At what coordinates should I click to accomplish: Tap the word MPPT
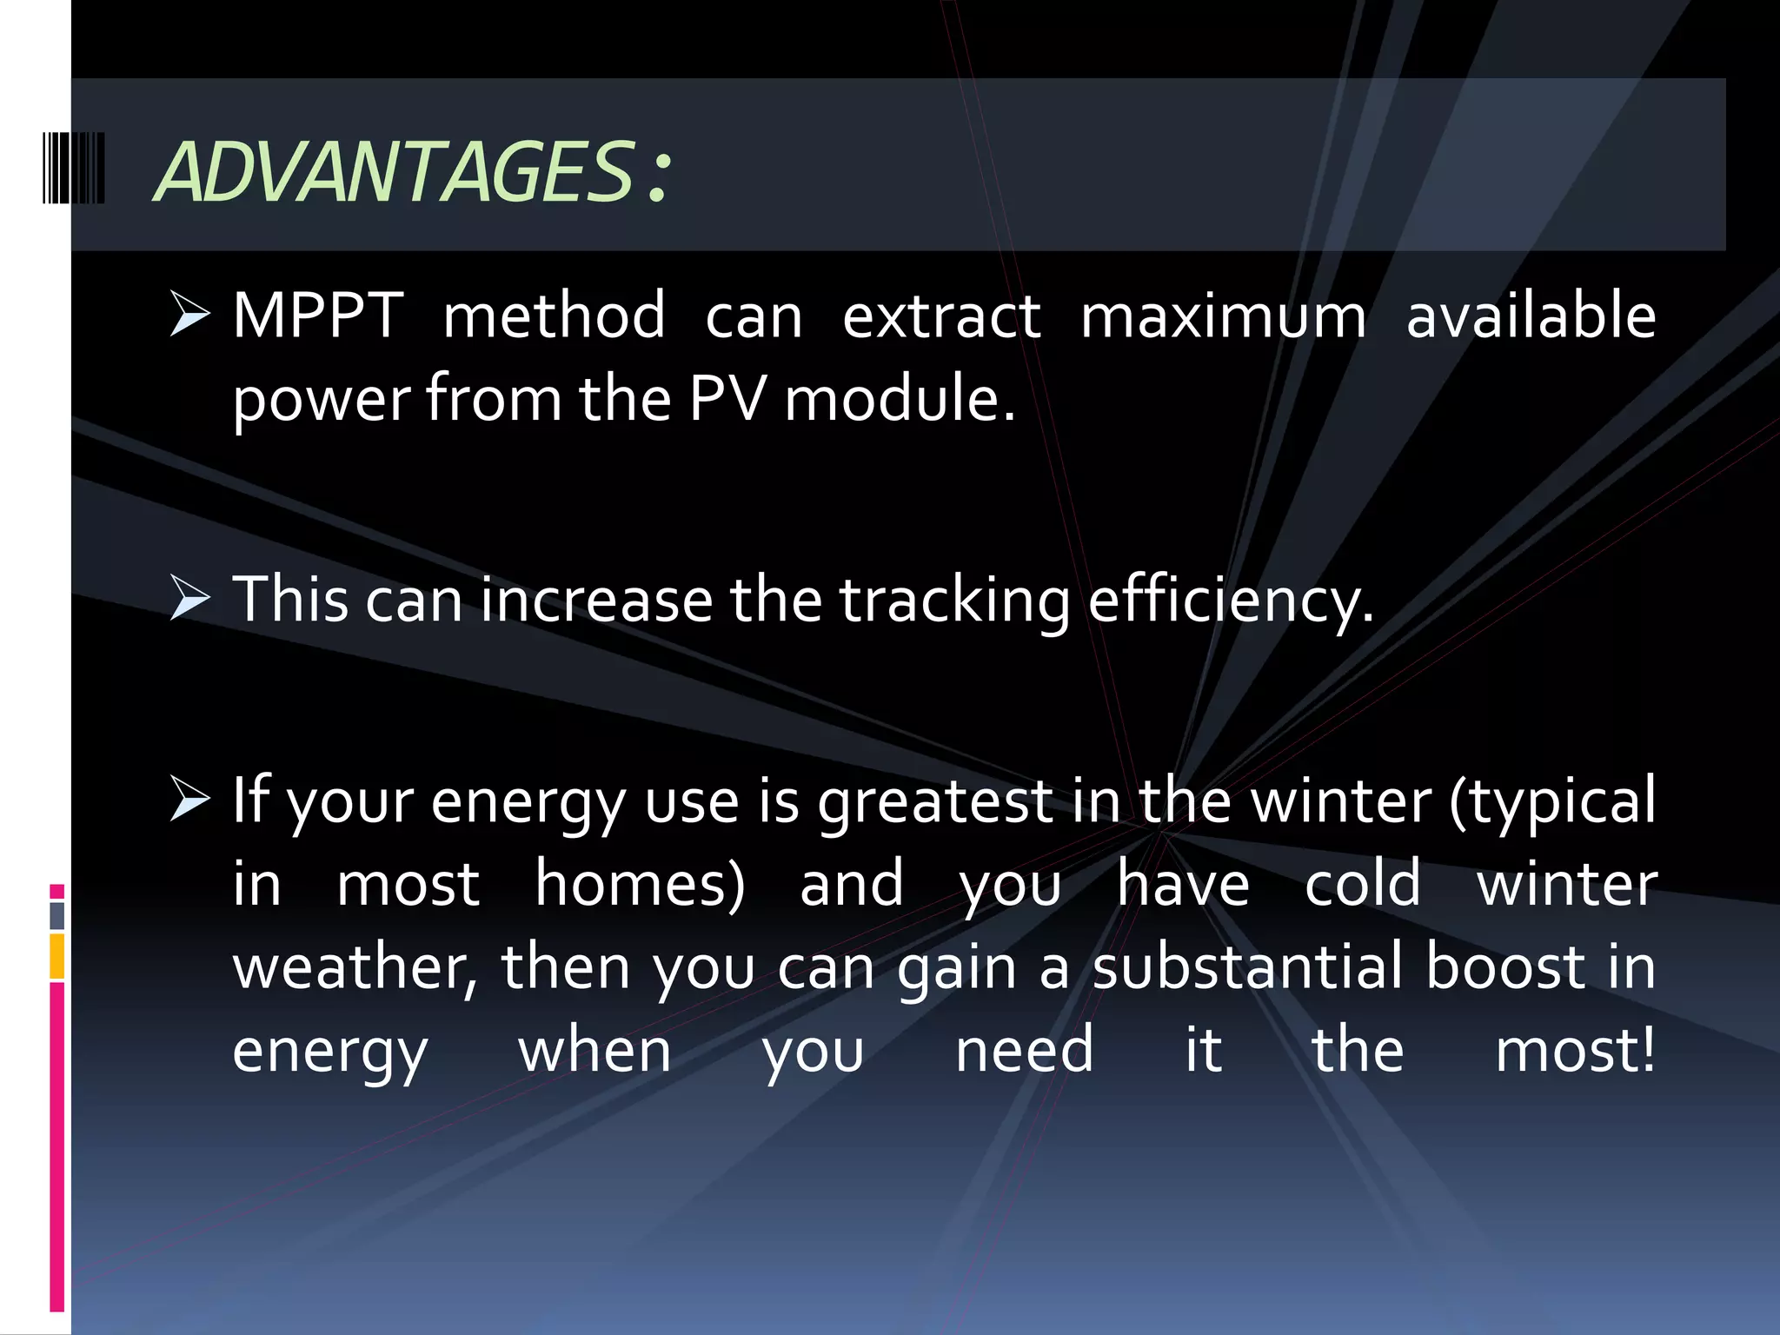pyautogui.click(x=318, y=315)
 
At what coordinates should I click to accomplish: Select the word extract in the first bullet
pyautogui.click(x=941, y=315)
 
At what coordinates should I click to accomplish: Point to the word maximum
pyautogui.click(x=1223, y=315)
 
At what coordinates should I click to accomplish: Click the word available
pyautogui.click(x=1531, y=315)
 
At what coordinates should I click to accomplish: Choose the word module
pyautogui.click(x=899, y=399)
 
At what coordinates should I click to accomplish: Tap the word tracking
pyautogui.click(x=954, y=601)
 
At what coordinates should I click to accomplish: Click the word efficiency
pyautogui.click(x=1230, y=601)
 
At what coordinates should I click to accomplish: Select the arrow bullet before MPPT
pyautogui.click(x=190, y=315)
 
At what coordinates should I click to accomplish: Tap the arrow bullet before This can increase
pyautogui.click(x=190, y=599)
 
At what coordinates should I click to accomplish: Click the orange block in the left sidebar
pyautogui.click(x=57, y=956)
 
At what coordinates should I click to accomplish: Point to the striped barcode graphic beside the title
pyautogui.click(x=74, y=168)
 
